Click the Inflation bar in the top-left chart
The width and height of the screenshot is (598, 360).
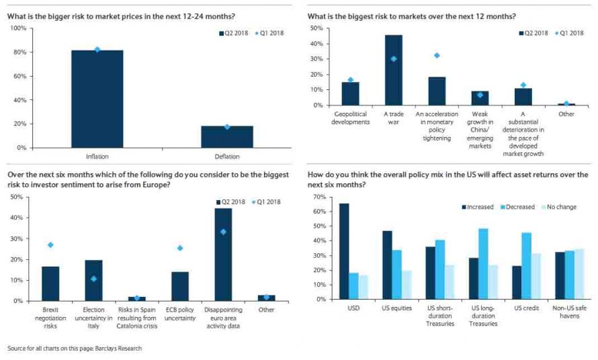tap(97, 99)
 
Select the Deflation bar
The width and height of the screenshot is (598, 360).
tap(227, 137)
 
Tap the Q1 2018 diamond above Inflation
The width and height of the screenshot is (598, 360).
tap(97, 50)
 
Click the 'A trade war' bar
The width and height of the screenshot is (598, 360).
tap(394, 70)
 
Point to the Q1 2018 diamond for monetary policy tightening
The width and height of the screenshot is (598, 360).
tap(437, 56)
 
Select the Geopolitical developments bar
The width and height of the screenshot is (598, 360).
tap(350, 94)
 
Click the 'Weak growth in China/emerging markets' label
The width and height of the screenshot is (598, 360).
tap(480, 130)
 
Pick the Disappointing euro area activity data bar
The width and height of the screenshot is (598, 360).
tap(223, 255)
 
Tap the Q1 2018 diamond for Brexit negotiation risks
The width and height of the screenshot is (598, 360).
tap(50, 245)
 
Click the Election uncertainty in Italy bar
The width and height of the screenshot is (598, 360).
tap(93, 281)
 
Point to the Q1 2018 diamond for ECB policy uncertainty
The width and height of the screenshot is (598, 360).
tap(180, 249)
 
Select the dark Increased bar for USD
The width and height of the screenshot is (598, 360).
tap(344, 251)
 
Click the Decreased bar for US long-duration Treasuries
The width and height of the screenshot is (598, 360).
tap(483, 264)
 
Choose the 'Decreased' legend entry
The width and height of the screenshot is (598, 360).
tap(517, 207)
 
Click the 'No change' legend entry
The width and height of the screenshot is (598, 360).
tap(559, 207)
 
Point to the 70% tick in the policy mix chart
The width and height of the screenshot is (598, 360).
tap(320, 197)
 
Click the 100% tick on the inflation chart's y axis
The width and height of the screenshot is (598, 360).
tap(18, 28)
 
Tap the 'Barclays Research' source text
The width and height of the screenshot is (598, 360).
tap(118, 348)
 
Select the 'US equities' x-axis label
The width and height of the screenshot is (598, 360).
tap(396, 308)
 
